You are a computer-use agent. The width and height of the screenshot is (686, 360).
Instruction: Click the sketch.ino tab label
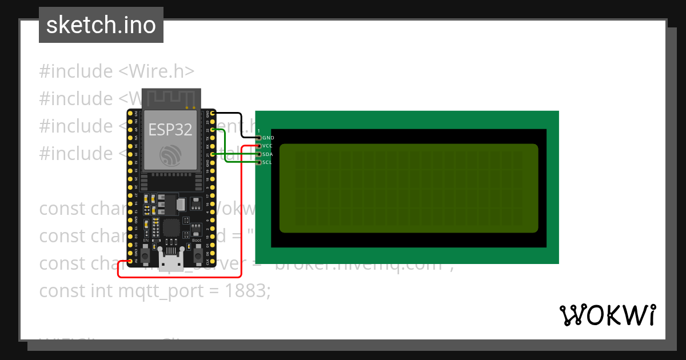tap(101, 25)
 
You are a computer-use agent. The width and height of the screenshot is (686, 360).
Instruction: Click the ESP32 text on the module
tap(170, 130)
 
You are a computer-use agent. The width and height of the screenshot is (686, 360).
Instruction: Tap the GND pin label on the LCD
tap(268, 138)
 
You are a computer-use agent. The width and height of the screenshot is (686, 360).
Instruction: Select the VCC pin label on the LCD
tap(268, 146)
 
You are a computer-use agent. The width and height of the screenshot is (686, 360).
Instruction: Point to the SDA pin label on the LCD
tap(268, 154)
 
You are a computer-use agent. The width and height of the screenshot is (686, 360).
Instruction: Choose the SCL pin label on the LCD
tap(267, 163)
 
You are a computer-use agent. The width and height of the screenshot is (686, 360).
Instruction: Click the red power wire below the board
tap(177, 277)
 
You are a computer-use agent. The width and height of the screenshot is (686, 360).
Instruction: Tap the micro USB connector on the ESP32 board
tap(171, 263)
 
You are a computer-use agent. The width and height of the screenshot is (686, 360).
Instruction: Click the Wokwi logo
tap(608, 315)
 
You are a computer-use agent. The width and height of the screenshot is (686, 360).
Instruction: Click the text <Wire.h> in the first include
tap(157, 71)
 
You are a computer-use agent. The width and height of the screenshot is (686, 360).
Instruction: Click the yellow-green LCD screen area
tap(409, 188)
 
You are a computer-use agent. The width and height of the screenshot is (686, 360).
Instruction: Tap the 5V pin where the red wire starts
tap(131, 261)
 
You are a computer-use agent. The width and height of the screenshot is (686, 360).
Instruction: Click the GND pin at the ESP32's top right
tap(212, 114)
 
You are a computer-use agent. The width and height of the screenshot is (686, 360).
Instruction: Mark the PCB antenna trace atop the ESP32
tap(171, 98)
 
